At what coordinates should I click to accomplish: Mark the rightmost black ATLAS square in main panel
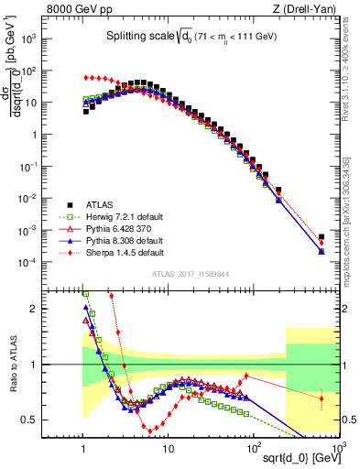click(x=321, y=237)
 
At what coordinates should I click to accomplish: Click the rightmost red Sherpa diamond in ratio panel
click(x=321, y=398)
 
